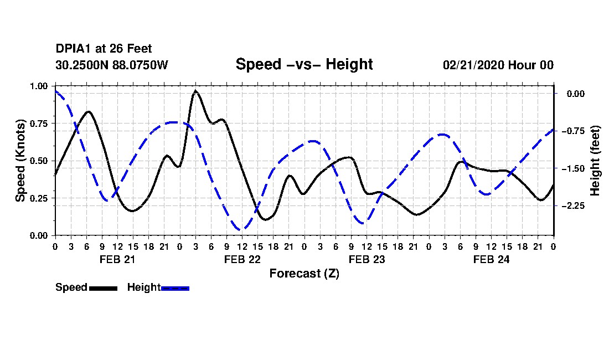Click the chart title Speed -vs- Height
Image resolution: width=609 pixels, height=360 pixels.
coord(304,64)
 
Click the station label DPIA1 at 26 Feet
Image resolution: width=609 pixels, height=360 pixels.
coord(104,49)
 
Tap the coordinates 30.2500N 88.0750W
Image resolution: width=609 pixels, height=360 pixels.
coord(112,65)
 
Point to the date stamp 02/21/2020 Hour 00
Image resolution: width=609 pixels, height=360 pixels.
coord(498,65)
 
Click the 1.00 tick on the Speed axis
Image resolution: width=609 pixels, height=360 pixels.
coord(38,86)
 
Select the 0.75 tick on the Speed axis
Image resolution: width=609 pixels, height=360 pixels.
coord(38,124)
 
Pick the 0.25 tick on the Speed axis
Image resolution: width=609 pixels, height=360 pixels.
coord(38,198)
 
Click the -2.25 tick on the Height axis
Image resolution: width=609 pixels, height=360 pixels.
coord(573,206)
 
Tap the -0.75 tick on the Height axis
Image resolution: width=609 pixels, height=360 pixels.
coord(573,131)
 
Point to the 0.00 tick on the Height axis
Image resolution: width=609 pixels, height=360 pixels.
coord(576,94)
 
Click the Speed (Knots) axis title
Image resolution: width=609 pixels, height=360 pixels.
coord(20,161)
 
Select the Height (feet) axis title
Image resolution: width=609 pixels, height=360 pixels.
coord(595,161)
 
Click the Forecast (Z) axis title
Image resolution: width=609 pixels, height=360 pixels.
coord(304,274)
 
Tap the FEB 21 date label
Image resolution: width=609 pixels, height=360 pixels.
coord(117,259)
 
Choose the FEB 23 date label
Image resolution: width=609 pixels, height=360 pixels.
coord(367,259)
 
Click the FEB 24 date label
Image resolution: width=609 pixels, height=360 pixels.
coord(491,259)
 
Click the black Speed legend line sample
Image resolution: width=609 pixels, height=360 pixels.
coord(104,288)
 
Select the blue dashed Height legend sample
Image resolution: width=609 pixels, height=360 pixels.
coord(175,288)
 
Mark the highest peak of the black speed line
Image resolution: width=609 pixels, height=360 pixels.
coord(195,91)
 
